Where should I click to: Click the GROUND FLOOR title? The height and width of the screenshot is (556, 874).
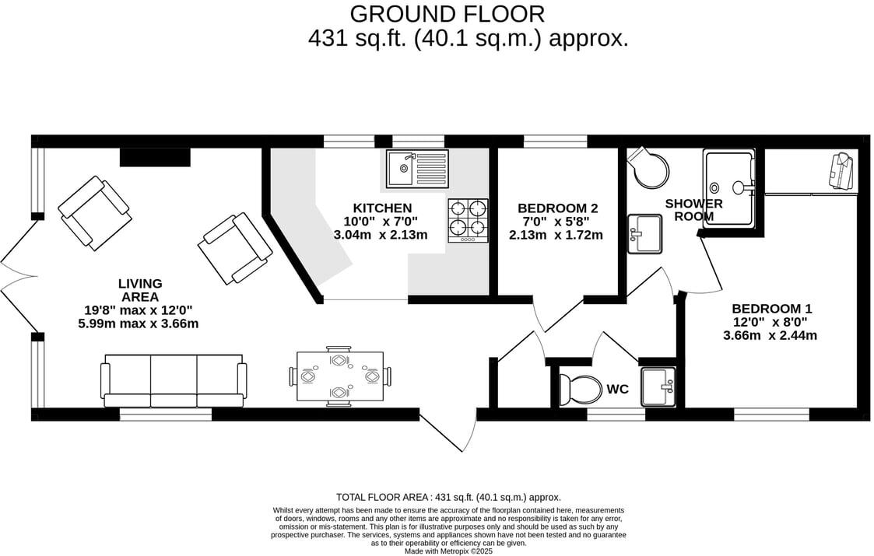447,14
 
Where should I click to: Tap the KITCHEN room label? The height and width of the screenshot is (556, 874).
382,208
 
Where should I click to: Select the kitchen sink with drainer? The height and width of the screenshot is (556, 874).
417,169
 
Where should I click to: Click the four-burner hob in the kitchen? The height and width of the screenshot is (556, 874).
468,219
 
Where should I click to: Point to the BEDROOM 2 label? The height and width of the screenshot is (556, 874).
557,208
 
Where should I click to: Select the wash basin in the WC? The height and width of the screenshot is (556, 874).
658,386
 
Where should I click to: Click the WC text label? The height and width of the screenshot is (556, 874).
618,388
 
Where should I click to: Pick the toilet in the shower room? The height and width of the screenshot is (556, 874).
648,168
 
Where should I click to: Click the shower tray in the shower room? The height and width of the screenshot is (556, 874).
729,187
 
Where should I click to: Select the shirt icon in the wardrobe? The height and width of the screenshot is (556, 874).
840,170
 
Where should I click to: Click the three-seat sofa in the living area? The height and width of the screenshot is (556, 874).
174,380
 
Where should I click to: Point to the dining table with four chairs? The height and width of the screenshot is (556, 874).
340,376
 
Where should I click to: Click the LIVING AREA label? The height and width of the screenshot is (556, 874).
140,290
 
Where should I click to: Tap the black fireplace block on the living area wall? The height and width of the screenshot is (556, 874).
155,157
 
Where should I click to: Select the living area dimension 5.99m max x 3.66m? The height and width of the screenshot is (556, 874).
139,323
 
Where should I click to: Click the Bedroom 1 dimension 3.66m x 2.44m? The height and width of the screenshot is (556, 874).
770,336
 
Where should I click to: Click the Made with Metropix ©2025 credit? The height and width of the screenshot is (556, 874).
448,551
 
